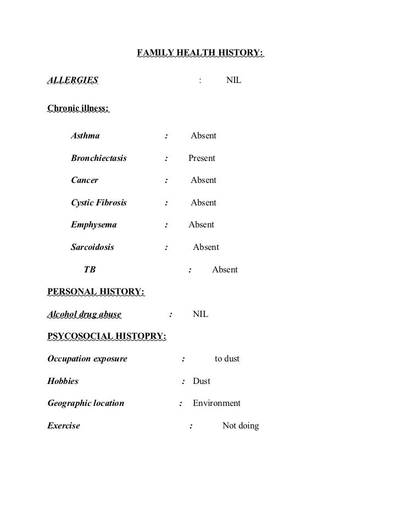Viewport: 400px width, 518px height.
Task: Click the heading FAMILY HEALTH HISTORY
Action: pos(200,53)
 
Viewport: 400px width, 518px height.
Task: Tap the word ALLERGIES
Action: pos(73,81)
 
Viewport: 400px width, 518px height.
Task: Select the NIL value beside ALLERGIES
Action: pos(234,81)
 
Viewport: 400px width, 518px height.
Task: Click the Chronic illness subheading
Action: pos(78,108)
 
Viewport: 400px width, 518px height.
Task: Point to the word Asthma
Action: pos(85,136)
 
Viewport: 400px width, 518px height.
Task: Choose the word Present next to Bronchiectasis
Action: pos(202,158)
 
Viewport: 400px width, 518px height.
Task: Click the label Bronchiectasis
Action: pos(99,158)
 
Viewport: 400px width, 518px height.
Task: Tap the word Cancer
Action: pos(85,180)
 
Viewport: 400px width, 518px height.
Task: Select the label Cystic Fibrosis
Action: pos(99,203)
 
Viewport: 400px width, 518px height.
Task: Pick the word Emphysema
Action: pos(93,225)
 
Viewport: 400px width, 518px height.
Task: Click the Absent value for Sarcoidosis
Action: pos(205,247)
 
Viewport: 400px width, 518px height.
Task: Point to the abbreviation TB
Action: pos(89,270)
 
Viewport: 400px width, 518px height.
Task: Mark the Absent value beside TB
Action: pos(225,270)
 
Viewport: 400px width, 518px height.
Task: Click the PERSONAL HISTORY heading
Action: pos(96,292)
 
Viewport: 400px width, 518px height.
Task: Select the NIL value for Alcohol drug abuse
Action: pos(201,315)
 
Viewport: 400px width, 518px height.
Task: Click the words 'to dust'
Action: pos(227,359)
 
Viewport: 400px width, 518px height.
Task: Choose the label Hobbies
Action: pos(63,381)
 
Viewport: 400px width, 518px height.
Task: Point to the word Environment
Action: pos(216,403)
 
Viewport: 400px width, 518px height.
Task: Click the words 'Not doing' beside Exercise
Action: pos(240,426)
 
